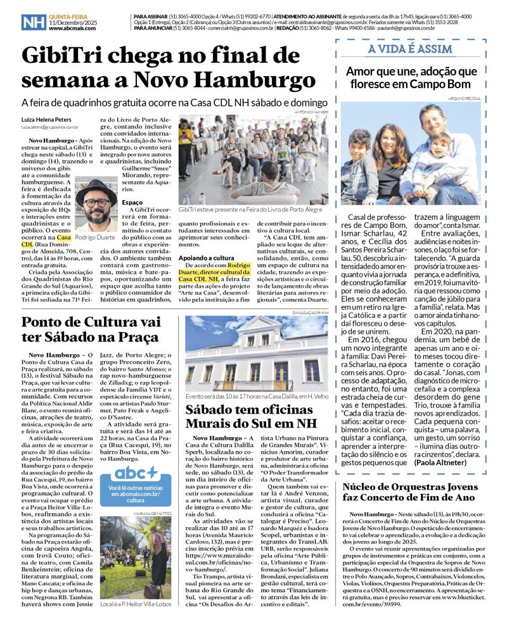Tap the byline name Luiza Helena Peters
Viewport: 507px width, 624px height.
(49, 118)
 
